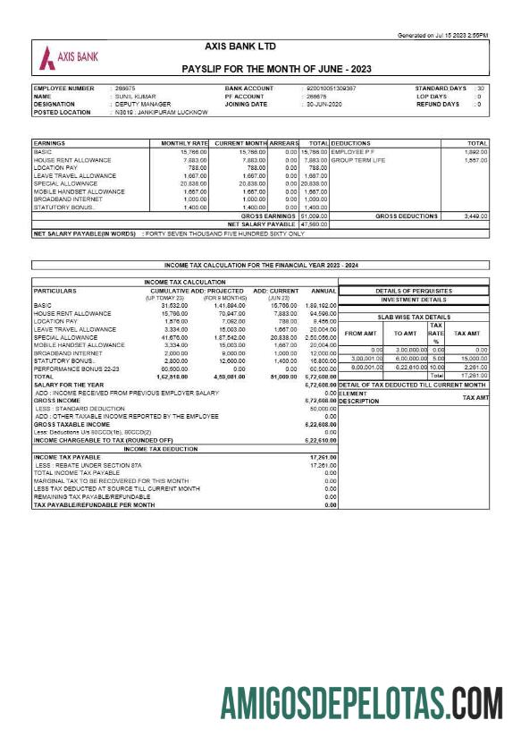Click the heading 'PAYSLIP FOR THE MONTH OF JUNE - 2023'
pos(276,69)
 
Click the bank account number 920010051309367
pos(331,89)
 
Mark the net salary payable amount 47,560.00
pos(314,224)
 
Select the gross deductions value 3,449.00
pos(470,216)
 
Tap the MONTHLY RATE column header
pos(184,143)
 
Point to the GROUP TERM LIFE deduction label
pos(357,160)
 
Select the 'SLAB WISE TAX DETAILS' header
pos(414,317)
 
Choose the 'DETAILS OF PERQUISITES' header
pos(414,291)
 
